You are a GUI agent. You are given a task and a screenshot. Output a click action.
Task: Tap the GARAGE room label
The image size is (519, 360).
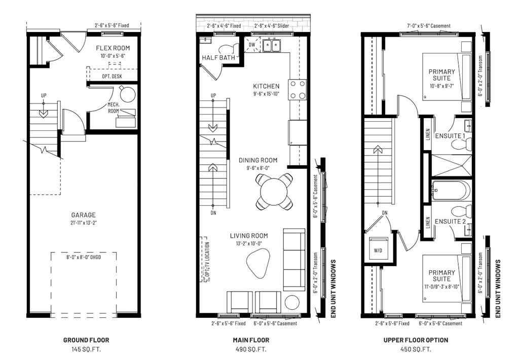click(83, 215)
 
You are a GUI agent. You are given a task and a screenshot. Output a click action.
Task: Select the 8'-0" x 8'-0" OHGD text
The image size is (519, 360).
click(84, 258)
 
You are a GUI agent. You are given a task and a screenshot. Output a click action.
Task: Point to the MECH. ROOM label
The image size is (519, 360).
click(113, 107)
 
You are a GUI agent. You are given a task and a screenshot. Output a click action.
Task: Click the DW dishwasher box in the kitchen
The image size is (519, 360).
click(252, 45)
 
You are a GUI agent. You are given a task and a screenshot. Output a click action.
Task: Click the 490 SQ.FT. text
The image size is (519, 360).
click(251, 350)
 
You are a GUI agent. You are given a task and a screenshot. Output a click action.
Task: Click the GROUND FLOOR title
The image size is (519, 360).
click(86, 340)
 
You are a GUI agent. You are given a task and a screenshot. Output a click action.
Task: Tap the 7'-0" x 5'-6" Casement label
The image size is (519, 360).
click(429, 26)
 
